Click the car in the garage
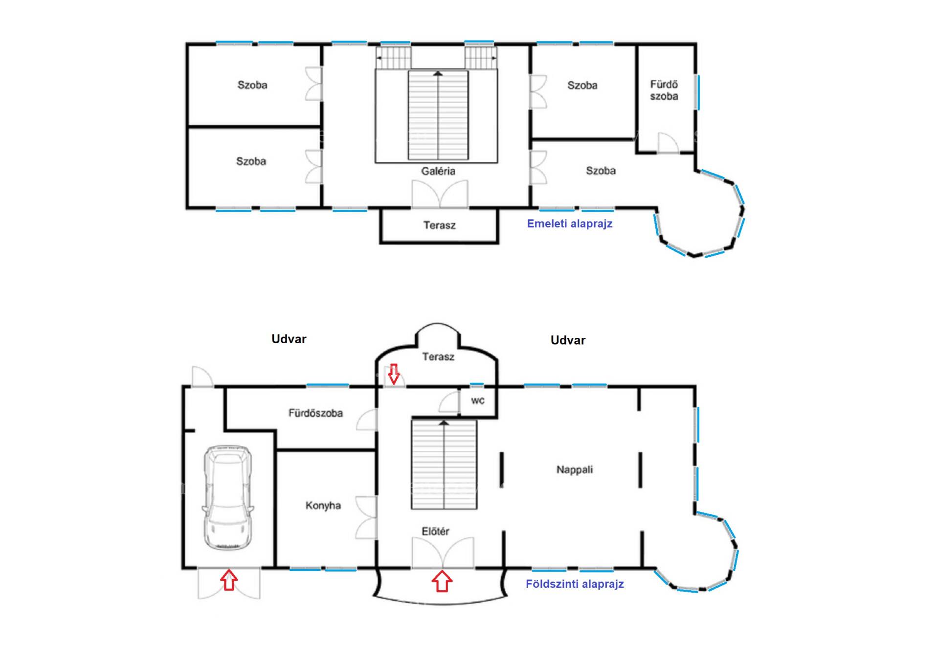(x=228, y=497)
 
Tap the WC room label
(x=478, y=401)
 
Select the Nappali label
(x=575, y=469)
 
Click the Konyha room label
(x=323, y=505)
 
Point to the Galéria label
(x=438, y=171)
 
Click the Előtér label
(x=435, y=531)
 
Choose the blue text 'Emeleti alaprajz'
(x=570, y=223)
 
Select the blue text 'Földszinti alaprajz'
(x=575, y=584)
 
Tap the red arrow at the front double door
(x=442, y=581)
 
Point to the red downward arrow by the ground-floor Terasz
(x=394, y=374)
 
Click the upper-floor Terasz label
(x=439, y=225)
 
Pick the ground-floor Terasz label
(x=438, y=356)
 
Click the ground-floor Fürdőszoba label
(x=315, y=413)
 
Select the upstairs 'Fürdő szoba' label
(x=664, y=90)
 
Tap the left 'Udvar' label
(x=289, y=339)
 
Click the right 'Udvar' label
(x=568, y=340)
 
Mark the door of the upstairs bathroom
(x=668, y=143)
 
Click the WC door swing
(x=449, y=401)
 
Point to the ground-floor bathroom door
(x=367, y=420)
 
